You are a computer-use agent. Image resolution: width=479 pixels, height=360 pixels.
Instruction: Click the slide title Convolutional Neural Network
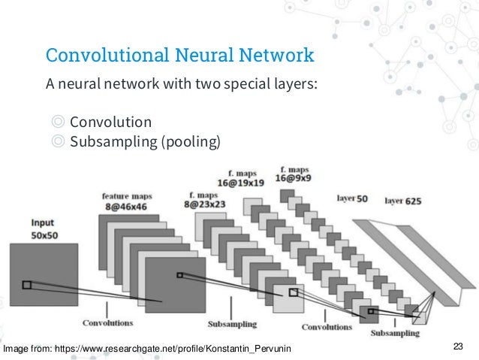click(179, 56)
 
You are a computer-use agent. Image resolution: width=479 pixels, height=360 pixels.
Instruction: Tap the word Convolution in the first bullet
click(110, 122)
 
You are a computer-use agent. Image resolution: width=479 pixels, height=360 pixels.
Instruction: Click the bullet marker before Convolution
click(58, 122)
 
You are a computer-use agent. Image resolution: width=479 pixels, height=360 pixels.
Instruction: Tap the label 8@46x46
click(127, 204)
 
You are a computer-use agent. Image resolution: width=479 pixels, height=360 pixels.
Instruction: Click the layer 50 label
click(352, 200)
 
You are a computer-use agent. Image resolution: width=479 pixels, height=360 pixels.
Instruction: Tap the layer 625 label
click(402, 201)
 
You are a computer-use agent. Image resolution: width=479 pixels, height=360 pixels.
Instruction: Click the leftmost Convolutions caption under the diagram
click(109, 324)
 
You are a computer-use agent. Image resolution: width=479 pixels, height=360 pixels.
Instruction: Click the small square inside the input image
click(27, 285)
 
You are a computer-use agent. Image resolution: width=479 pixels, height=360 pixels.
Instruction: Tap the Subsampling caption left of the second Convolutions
click(231, 325)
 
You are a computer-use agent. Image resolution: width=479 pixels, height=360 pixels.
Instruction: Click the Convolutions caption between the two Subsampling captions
click(326, 327)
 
